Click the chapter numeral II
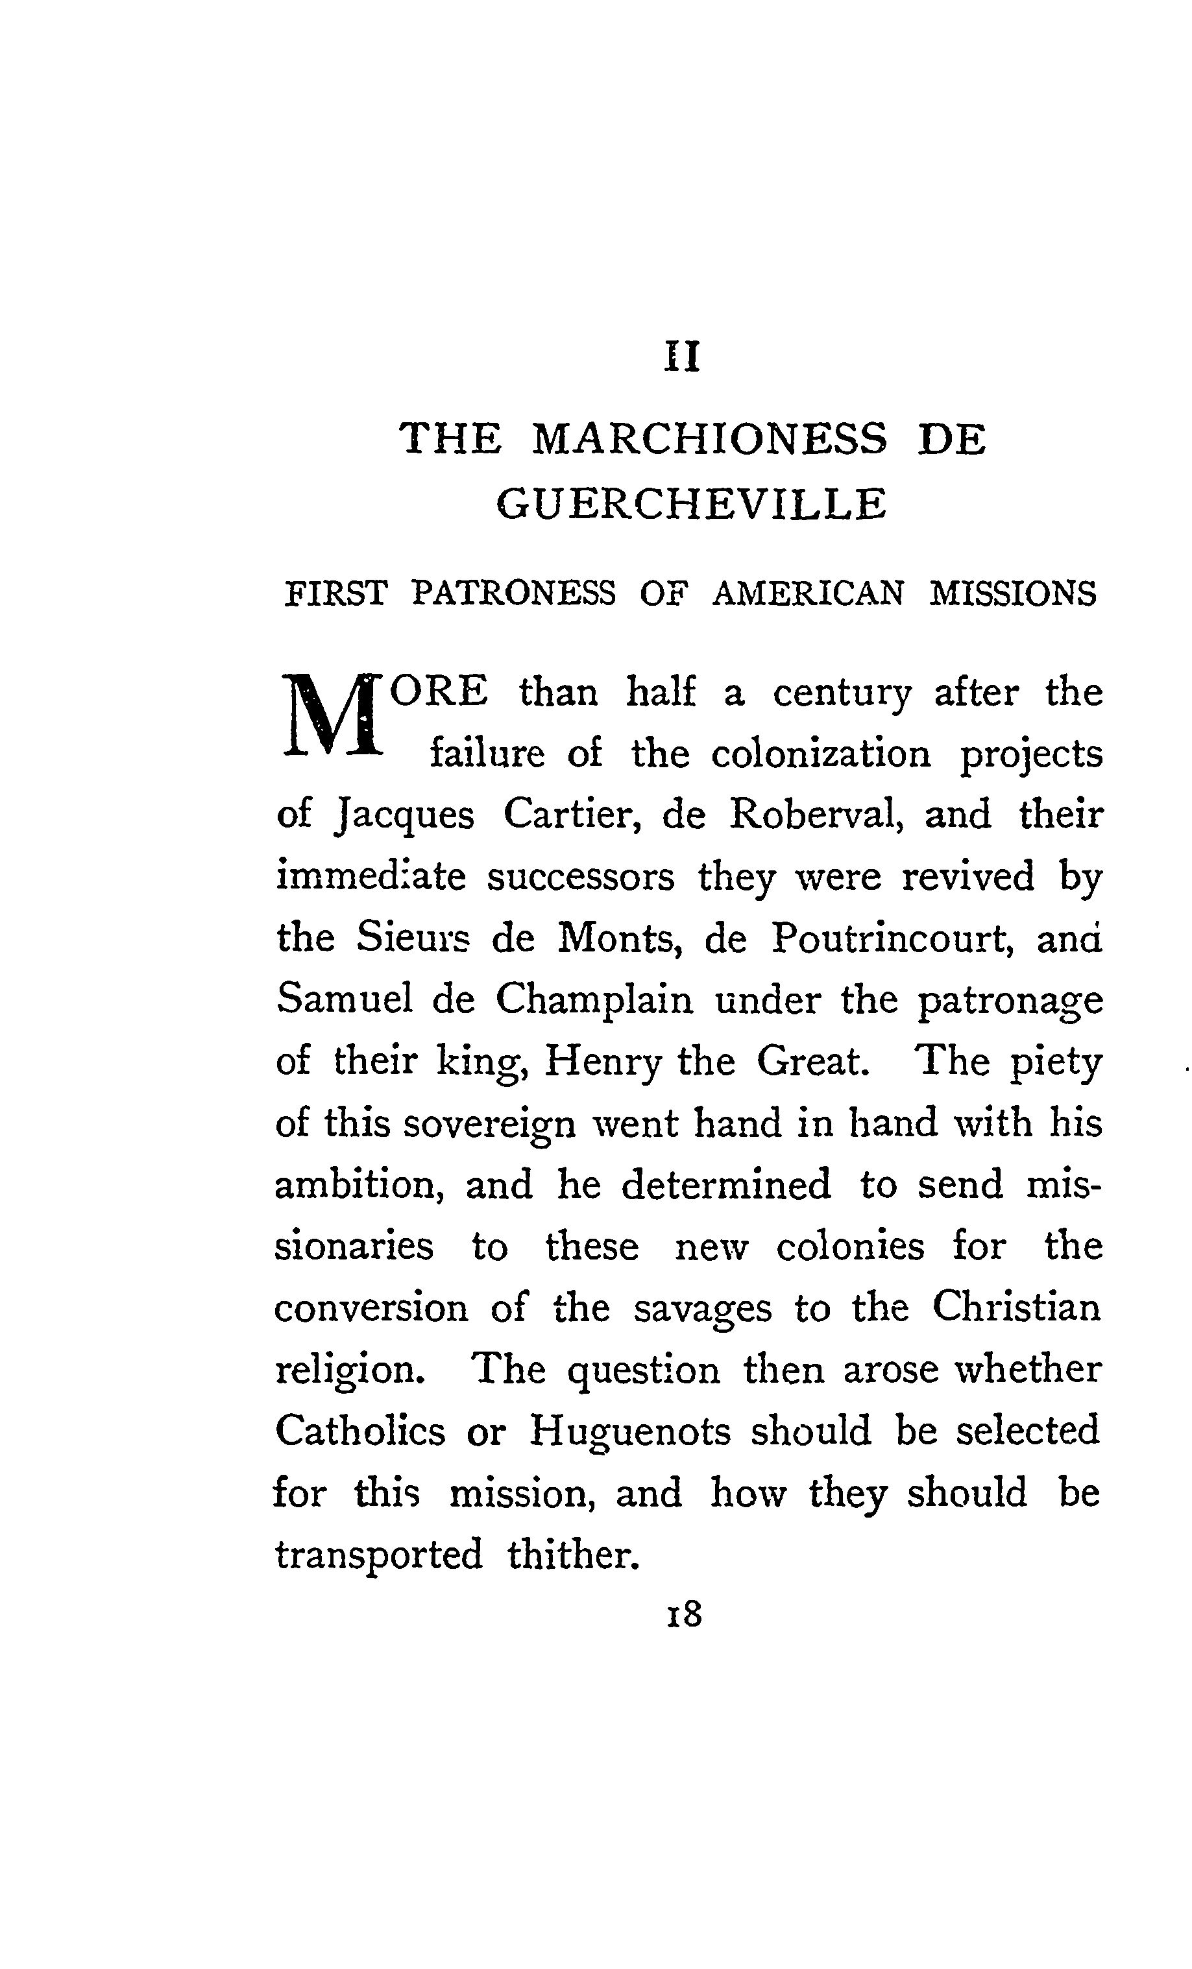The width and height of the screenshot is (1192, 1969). (683, 357)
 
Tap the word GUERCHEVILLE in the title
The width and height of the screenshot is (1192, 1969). (692, 504)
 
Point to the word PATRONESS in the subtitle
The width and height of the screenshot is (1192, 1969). (513, 593)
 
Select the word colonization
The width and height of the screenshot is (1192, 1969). (821, 754)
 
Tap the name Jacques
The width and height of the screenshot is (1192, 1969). (404, 816)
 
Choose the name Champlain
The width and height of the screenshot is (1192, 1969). (594, 1001)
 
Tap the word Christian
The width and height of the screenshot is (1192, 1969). (1016, 1308)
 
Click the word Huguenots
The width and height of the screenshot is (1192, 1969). (630, 1431)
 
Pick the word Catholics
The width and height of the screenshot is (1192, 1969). (359, 1431)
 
